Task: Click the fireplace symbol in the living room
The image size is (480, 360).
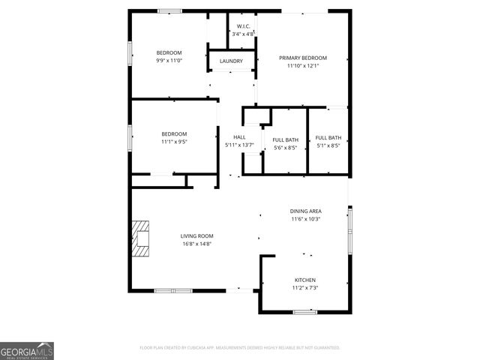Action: [x=140, y=238]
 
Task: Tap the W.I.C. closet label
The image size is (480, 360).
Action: [x=243, y=26]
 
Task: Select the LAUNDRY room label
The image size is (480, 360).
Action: [x=231, y=61]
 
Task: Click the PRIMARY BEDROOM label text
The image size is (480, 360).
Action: [x=303, y=58]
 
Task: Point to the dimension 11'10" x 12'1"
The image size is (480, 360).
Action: [x=303, y=66]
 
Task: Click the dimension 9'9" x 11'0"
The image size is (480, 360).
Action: [x=169, y=60]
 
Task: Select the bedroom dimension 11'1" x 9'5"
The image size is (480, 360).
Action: [x=173, y=141]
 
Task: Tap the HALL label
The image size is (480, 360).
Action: [x=239, y=137]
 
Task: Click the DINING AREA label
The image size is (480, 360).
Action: [x=305, y=211]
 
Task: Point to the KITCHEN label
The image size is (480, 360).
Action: [x=304, y=280]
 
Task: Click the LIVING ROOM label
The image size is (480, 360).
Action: [x=196, y=236]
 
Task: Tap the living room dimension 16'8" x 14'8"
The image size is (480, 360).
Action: [x=196, y=244]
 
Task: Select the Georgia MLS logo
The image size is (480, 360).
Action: [x=27, y=350]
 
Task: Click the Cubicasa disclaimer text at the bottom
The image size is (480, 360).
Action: [x=240, y=348]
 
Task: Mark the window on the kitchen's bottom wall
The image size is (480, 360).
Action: [x=304, y=311]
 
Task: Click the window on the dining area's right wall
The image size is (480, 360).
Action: [x=349, y=231]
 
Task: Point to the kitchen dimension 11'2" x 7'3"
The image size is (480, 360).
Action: [x=304, y=288]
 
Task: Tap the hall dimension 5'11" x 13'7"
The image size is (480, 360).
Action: [x=239, y=145]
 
